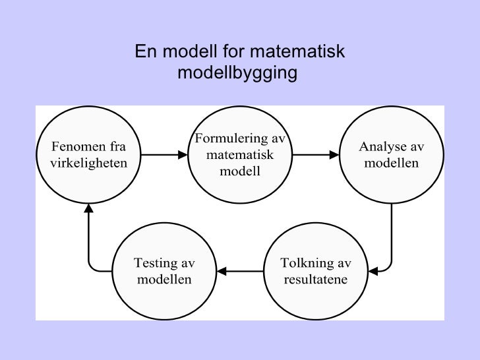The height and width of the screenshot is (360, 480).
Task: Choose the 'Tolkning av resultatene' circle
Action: click(x=315, y=270)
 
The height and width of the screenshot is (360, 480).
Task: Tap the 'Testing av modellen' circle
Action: click(x=164, y=270)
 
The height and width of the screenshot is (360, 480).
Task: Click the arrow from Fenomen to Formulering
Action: click(x=164, y=156)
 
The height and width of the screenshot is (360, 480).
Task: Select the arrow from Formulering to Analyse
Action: click(x=315, y=156)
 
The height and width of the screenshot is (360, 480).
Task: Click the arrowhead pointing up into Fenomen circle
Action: click(x=89, y=208)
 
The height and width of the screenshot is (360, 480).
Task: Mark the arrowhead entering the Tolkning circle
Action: click(x=373, y=270)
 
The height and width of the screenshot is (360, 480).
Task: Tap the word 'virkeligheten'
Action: click(x=88, y=162)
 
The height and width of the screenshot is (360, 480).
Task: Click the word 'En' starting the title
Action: click(x=144, y=51)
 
